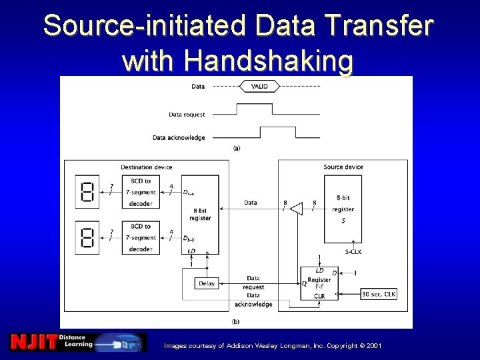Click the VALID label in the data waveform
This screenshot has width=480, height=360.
260,87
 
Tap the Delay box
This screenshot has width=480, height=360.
207,283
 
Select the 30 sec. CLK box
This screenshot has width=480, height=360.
378,294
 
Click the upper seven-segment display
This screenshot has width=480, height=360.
87,192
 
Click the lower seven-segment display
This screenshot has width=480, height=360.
87,237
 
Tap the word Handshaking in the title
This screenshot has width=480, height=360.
238,61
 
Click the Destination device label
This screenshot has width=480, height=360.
146,167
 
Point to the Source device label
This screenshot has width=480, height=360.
343,167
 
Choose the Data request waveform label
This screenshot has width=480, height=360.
187,115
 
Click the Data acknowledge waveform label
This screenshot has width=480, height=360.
179,138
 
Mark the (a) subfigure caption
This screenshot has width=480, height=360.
237,149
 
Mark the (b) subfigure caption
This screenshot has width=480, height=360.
235,321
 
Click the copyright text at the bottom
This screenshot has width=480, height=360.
273,345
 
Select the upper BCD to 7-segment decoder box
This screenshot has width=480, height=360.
141,192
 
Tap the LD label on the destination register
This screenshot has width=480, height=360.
191,251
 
